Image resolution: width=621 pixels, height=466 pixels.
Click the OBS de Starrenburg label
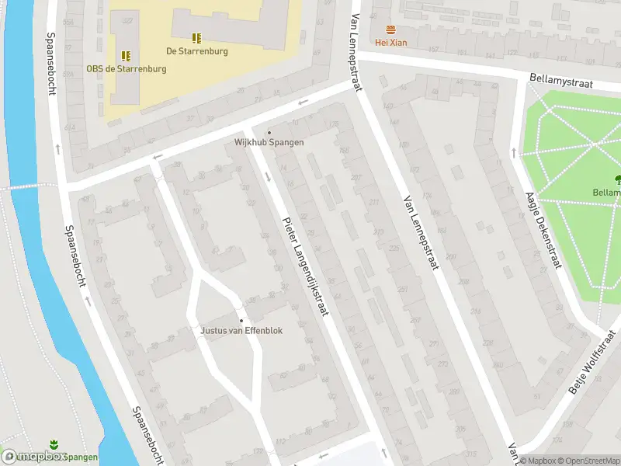coord(126,69)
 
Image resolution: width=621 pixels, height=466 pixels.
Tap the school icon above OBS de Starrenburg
coord(125,56)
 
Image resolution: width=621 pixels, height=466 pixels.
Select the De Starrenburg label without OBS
coord(197,51)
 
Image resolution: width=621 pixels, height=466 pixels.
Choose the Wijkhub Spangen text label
coord(269,143)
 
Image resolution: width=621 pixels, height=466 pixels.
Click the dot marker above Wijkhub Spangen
coord(269,132)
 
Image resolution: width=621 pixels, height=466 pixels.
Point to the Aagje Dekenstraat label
coord(543,230)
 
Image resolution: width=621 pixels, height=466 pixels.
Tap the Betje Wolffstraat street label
coord(594,362)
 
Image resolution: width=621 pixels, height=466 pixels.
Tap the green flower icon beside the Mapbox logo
coord(54,445)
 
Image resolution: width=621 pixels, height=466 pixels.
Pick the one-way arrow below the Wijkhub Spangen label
coord(268,177)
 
